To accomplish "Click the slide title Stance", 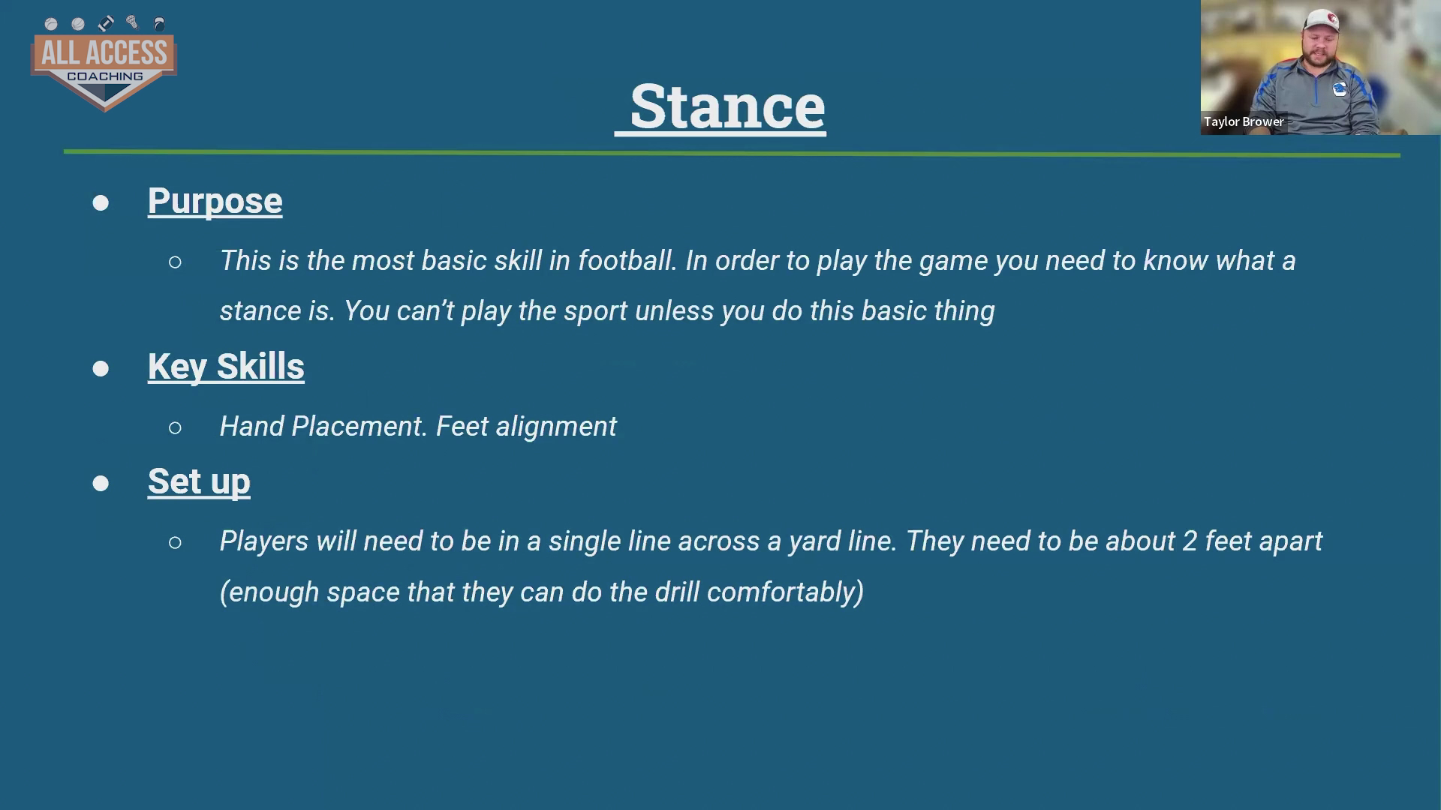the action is (x=727, y=106).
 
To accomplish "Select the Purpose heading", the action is (x=215, y=201).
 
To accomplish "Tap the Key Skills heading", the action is (x=226, y=367).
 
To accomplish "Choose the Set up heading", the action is (x=199, y=481).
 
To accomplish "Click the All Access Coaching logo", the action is (x=104, y=64).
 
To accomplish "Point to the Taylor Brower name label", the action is (x=1244, y=121).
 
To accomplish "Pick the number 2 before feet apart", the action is (x=1190, y=541).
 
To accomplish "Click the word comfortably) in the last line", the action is (x=785, y=592).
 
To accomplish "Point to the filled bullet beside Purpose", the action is (x=101, y=203).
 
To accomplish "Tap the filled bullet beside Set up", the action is (x=101, y=483).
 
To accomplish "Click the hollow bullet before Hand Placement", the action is (x=175, y=427).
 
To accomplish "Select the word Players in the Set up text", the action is (x=263, y=541).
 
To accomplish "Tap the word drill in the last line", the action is (x=677, y=592).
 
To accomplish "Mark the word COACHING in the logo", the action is (x=105, y=76).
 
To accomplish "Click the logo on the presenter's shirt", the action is (x=1340, y=89).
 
